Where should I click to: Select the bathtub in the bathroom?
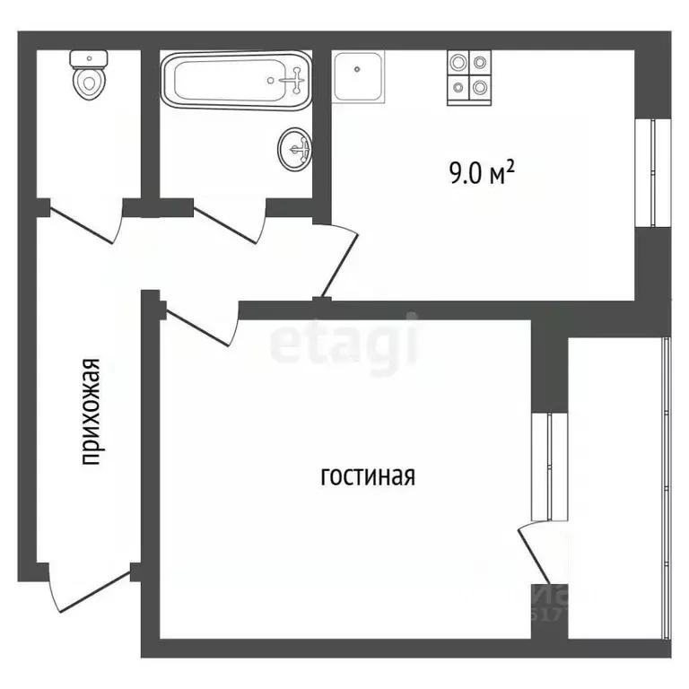point(235,81)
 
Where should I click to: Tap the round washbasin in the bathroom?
point(295,148)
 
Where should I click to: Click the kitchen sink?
point(360,74)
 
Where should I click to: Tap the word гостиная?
point(368,476)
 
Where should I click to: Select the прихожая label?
point(90,412)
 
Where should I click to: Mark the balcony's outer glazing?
point(666,484)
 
